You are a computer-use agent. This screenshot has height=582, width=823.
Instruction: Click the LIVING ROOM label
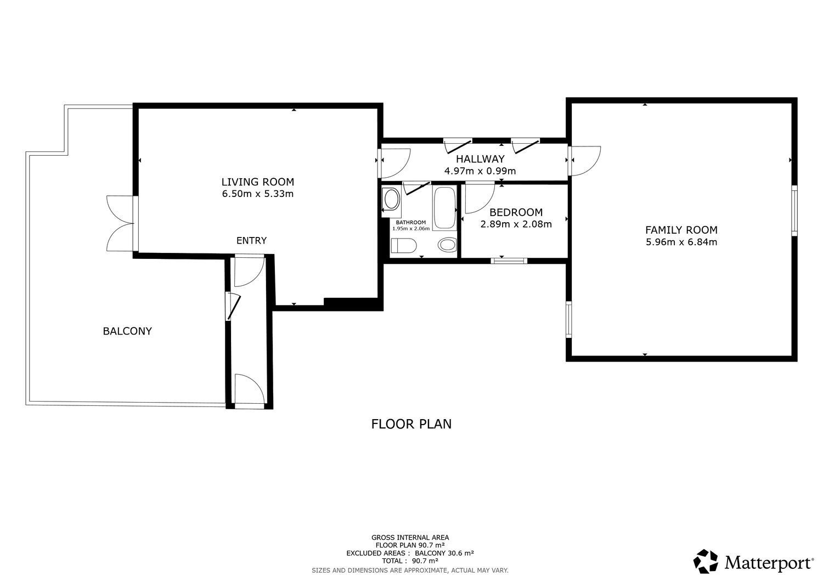[257, 182]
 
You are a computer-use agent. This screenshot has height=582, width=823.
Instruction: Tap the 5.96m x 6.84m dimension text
[681, 242]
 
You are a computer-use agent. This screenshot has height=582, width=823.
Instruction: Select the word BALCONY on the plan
[127, 331]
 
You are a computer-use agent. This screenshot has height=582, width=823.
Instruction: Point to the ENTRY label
[251, 240]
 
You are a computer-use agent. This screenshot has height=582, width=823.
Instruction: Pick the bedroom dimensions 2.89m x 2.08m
[516, 224]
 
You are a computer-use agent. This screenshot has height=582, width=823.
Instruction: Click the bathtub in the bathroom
[444, 208]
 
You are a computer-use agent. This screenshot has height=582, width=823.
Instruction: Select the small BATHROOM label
[410, 222]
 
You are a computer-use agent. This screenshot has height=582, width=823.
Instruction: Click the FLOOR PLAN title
[411, 424]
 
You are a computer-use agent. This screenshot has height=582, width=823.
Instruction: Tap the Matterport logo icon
[706, 561]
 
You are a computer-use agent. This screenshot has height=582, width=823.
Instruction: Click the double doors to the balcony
[120, 223]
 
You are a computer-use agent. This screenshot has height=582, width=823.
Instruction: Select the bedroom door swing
[478, 199]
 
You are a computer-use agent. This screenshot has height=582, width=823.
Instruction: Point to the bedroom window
[509, 261]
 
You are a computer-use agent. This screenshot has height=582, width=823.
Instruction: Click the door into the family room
[585, 160]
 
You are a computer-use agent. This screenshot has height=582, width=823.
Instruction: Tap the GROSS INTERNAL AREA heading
[410, 538]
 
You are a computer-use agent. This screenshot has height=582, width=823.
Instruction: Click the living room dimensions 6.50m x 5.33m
[257, 194]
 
